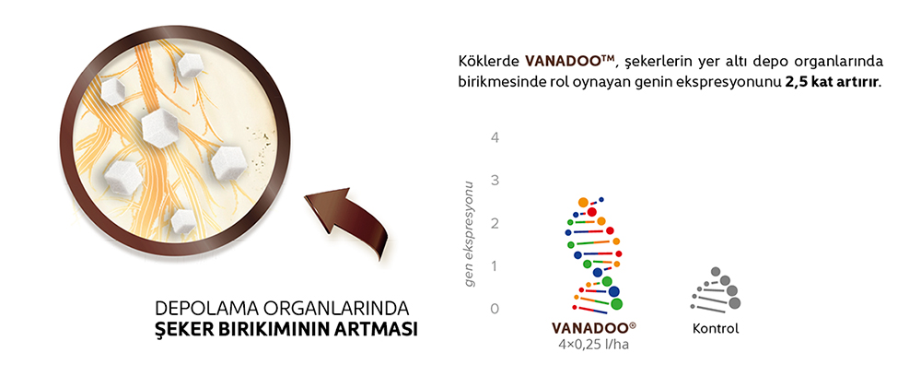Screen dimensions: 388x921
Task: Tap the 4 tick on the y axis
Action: click(x=495, y=137)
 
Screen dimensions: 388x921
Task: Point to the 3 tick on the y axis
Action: click(x=495, y=180)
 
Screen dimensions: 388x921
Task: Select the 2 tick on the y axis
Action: click(x=495, y=223)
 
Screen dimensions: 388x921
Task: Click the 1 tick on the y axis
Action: click(x=495, y=265)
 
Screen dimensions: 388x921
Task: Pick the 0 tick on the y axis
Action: click(x=495, y=308)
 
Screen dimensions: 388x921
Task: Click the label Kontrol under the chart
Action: click(x=716, y=328)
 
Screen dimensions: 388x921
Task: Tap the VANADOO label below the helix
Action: click(x=593, y=328)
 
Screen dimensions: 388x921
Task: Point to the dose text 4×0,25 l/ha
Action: click(x=593, y=345)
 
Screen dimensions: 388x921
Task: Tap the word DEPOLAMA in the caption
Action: click(x=200, y=309)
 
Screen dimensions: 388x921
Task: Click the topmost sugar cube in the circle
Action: click(x=191, y=65)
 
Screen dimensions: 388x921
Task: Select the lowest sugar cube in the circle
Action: click(x=181, y=220)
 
